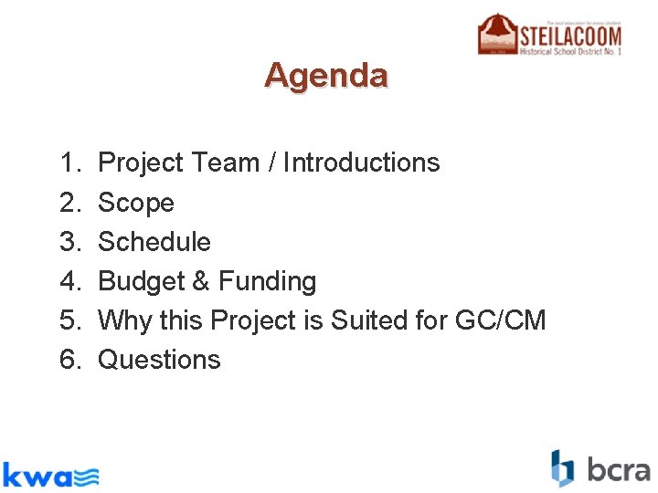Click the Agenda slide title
(x=326, y=75)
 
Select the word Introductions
(x=361, y=163)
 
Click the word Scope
(x=135, y=203)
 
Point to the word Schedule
(x=154, y=242)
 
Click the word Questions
(x=159, y=360)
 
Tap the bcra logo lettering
(x=618, y=470)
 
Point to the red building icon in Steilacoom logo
(x=497, y=34)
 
